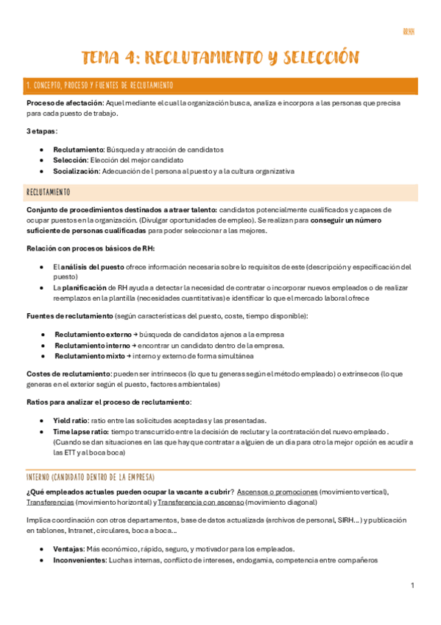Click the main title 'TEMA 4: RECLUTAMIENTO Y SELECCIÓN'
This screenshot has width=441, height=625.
(x=220, y=57)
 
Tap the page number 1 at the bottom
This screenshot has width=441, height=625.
(x=413, y=584)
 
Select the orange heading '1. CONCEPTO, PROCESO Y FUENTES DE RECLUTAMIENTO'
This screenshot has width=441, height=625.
(x=99, y=85)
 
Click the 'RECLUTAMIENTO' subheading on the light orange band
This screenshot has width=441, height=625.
(x=49, y=192)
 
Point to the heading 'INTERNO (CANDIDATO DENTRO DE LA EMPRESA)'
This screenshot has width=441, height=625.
(x=90, y=476)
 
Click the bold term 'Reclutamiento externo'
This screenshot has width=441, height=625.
(x=92, y=335)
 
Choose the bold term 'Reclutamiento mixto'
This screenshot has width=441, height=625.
(x=88, y=356)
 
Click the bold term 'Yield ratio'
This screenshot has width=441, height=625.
(x=71, y=420)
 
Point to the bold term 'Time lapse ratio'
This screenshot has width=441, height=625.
(x=81, y=431)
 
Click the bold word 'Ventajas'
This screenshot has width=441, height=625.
(x=68, y=549)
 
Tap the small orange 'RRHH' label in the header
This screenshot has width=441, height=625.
(x=409, y=32)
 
